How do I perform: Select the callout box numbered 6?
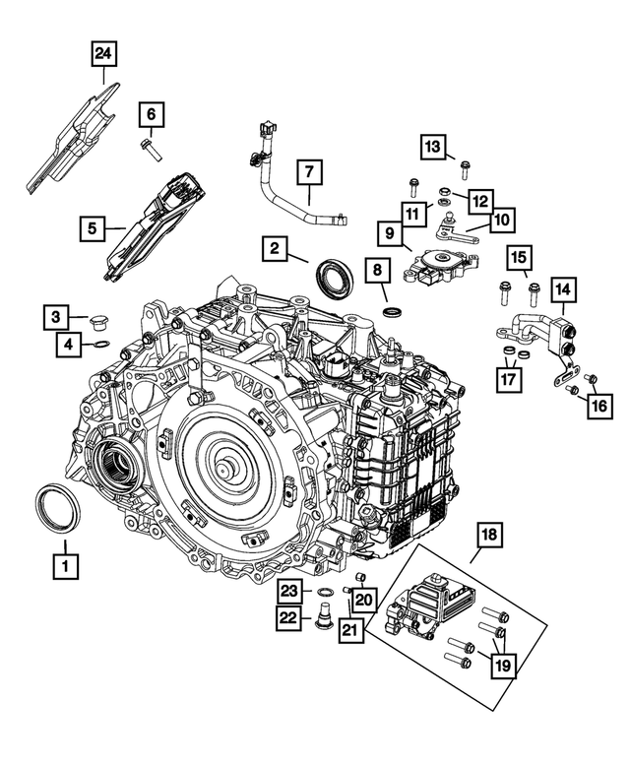pos(152,115)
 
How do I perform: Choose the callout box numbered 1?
pos(65,566)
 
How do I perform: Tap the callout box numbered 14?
pos(563,290)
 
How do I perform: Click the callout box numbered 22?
pos(288,617)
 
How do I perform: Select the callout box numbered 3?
pos(57,317)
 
